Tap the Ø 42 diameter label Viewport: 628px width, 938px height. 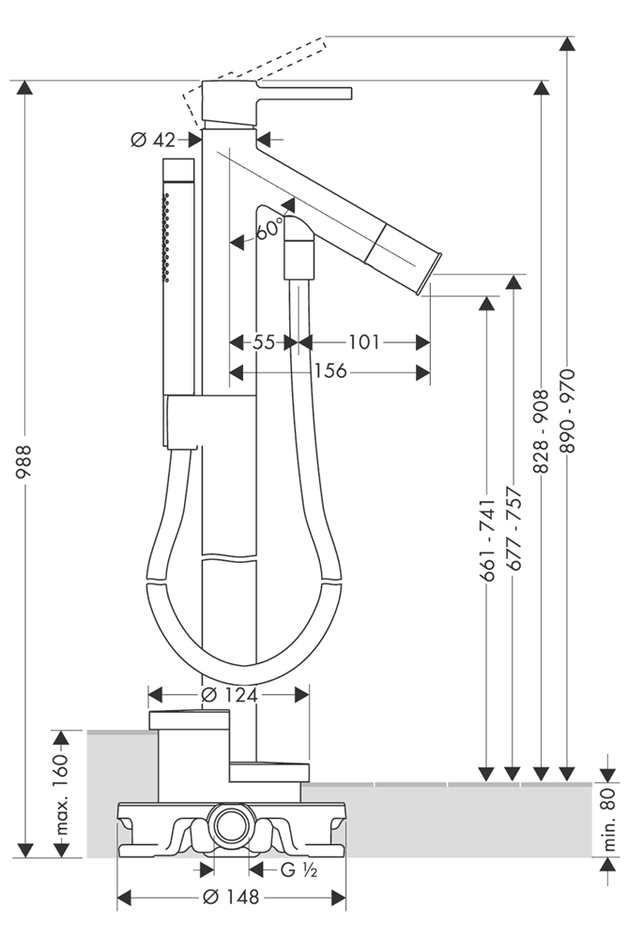coord(153,140)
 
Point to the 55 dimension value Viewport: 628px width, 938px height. coord(264,342)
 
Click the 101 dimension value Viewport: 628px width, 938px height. coord(363,342)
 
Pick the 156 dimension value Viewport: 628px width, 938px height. coord(329,372)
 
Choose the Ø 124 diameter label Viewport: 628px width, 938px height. coord(230,695)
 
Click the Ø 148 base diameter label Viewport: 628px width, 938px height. coord(231,898)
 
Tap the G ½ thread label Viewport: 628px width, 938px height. coord(300,870)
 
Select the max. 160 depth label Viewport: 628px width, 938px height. coord(62,794)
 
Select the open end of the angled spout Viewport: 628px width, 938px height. coord(433,265)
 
